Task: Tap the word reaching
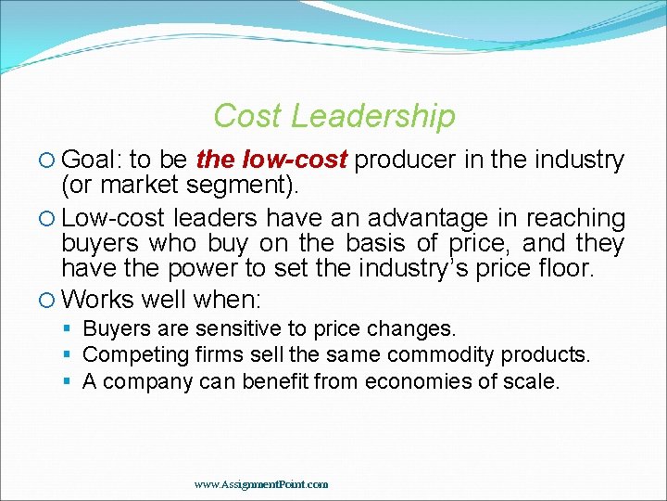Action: click(x=575, y=219)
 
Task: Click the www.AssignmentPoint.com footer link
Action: click(x=261, y=484)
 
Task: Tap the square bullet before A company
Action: click(x=69, y=381)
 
